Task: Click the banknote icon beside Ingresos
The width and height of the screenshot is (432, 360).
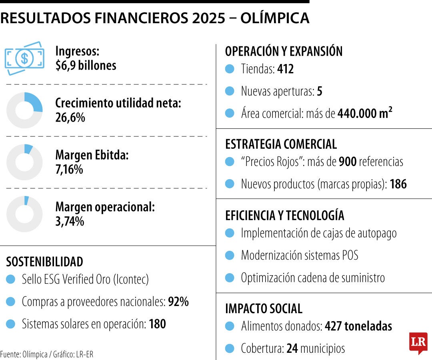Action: click(x=24, y=58)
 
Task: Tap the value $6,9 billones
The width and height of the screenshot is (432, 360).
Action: click(x=86, y=66)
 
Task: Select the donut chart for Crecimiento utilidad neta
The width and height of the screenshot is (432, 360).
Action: click(x=24, y=110)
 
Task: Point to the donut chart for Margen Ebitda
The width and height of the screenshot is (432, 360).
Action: click(x=24, y=162)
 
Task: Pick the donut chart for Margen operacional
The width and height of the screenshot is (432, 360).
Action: click(x=24, y=214)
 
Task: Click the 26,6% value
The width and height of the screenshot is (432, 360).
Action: click(x=70, y=118)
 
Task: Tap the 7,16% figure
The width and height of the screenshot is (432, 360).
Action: click(x=69, y=169)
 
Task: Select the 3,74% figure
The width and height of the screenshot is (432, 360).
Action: click(x=70, y=221)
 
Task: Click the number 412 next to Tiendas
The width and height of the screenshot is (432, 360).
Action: click(x=285, y=69)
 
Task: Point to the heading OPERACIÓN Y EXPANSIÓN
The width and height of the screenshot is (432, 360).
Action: click(x=284, y=52)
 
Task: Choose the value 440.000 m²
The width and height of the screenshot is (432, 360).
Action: click(x=364, y=114)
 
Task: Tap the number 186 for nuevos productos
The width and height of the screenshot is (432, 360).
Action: click(x=398, y=184)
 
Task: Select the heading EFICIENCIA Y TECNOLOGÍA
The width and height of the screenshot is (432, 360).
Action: click(x=284, y=216)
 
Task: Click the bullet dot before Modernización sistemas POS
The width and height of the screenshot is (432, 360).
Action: click(x=229, y=255)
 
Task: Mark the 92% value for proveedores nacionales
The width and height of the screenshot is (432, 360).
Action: click(x=178, y=302)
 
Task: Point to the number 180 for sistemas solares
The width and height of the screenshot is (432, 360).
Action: click(x=157, y=324)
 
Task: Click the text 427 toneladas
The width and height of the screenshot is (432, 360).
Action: click(x=358, y=326)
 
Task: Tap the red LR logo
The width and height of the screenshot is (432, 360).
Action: click(x=418, y=343)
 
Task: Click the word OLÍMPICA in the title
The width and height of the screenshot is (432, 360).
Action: click(x=274, y=18)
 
